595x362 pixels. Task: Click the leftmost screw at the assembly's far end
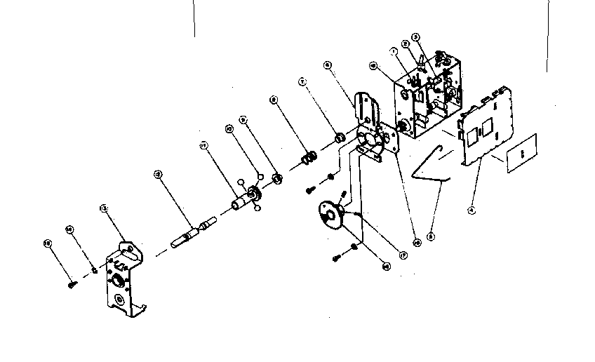pos(71,284)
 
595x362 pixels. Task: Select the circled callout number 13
pos(104,208)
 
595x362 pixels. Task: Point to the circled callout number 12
pos(158,174)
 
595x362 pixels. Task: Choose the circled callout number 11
pos(203,146)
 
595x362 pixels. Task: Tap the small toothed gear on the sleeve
pos(254,190)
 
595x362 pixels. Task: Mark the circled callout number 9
pos(243,120)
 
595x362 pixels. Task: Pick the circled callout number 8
pos(273,100)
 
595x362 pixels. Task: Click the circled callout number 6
pos(328,65)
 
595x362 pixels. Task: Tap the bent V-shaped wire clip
pos(430,168)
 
